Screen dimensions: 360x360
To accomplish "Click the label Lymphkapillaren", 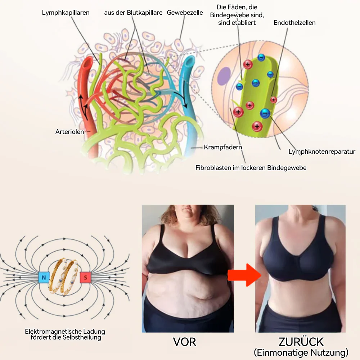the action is pos(66,13).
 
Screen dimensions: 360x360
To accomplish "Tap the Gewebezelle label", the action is pos(185,13).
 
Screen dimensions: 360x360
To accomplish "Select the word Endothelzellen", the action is pos(294,22).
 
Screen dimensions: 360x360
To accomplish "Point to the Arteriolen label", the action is pos(69,132).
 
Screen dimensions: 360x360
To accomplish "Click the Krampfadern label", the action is pos(223,147).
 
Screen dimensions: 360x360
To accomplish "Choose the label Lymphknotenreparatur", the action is pos(322,152).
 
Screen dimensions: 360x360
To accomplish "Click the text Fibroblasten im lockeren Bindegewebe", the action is pos(251,168).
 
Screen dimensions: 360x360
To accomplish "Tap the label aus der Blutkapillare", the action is pos(133,13).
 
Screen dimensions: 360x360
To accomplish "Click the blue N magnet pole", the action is pos(44,277).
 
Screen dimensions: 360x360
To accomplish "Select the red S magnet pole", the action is pos(85,277).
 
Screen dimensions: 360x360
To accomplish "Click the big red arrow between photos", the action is pos(244,275).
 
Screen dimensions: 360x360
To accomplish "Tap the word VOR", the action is pos(185,342).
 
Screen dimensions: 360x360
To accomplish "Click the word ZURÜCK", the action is pos(301,342).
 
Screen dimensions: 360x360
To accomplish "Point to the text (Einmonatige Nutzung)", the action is pos(301,352).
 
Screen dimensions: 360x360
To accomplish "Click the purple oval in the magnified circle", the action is pos(224,77).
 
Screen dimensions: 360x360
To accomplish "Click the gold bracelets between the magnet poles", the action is pos(64,277).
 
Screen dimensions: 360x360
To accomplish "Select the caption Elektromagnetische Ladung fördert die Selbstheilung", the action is pos(65,334).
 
